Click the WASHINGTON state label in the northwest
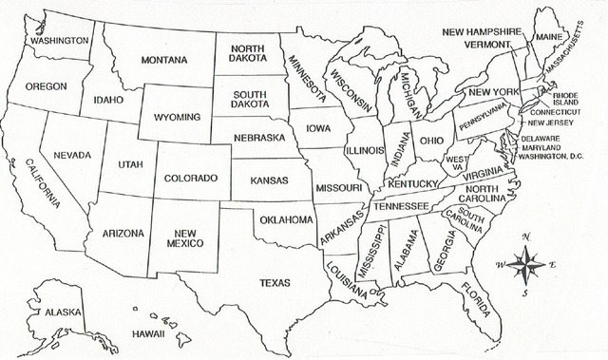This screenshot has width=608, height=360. click(x=59, y=41)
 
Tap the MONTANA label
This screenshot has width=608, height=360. click(x=164, y=60)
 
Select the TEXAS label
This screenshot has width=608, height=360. click(x=275, y=282)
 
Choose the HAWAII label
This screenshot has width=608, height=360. click(x=149, y=335)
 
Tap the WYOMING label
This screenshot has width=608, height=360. click(x=178, y=117)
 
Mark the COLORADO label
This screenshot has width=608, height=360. click(x=191, y=178)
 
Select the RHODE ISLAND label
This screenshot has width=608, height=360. click(x=565, y=100)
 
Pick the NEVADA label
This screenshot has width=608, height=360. click(x=72, y=155)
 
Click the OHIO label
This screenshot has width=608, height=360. click(x=431, y=140)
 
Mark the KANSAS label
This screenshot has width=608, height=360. click(x=270, y=179)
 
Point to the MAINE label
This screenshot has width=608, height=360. click(x=548, y=36)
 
